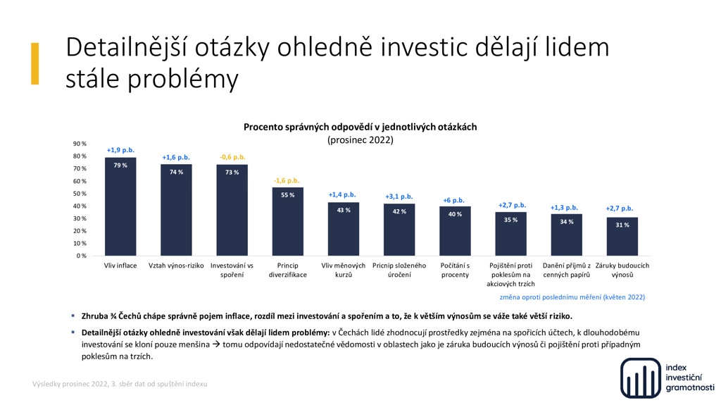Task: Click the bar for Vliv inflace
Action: (x=120, y=206)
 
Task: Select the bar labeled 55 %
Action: (x=288, y=221)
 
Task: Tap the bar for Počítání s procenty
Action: (x=456, y=231)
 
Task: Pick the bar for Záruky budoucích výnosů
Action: (x=622, y=237)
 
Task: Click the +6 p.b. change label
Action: (x=454, y=200)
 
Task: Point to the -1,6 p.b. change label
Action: (x=287, y=180)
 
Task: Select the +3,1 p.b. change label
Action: (x=399, y=197)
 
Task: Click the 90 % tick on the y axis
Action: (x=80, y=144)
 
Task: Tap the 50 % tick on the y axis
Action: (x=80, y=193)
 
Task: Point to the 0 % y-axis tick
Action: (x=82, y=256)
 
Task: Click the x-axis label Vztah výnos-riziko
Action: (x=176, y=266)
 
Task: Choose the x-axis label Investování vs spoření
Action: (x=232, y=270)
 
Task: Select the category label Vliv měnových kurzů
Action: (x=344, y=270)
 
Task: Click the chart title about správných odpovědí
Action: (x=360, y=127)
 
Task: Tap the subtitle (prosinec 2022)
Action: (x=360, y=140)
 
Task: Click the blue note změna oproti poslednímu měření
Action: (x=572, y=297)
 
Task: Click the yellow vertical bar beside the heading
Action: (x=35, y=63)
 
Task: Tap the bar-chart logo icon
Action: (x=641, y=378)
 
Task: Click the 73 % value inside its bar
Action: (x=232, y=172)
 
